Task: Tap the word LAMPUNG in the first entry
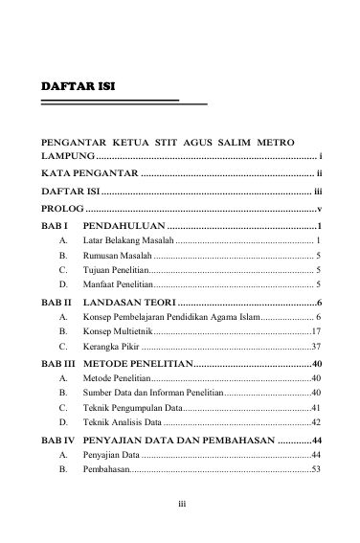67,155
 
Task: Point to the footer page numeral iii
180,500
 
